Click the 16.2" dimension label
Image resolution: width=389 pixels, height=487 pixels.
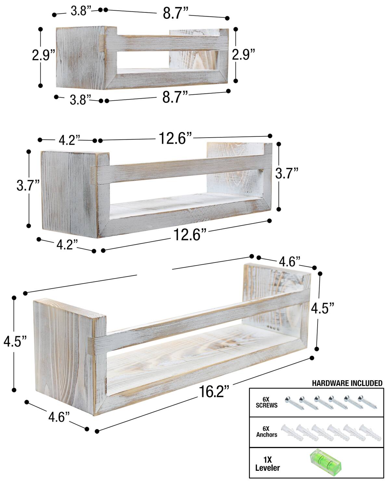pos(213,392)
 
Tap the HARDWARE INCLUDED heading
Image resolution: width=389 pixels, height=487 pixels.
pos(347,383)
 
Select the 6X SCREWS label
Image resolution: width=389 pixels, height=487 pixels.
pos(266,403)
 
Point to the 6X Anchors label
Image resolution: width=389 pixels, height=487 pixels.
pos(266,432)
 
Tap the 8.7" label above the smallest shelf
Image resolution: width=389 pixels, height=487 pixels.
pos(175,14)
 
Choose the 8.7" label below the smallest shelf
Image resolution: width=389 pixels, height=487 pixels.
pos(175,97)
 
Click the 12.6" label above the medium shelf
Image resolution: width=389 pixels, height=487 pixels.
pos(176,138)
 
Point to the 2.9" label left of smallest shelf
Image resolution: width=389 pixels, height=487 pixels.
pos(43,55)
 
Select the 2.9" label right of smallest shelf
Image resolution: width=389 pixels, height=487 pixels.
pos(243,54)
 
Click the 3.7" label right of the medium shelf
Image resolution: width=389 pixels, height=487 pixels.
pos(287,174)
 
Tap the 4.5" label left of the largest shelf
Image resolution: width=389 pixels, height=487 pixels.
pos(15,342)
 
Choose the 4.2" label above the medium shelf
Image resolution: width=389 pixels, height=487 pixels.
pos(69,140)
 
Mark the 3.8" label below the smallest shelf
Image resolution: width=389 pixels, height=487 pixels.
pos(80,99)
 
